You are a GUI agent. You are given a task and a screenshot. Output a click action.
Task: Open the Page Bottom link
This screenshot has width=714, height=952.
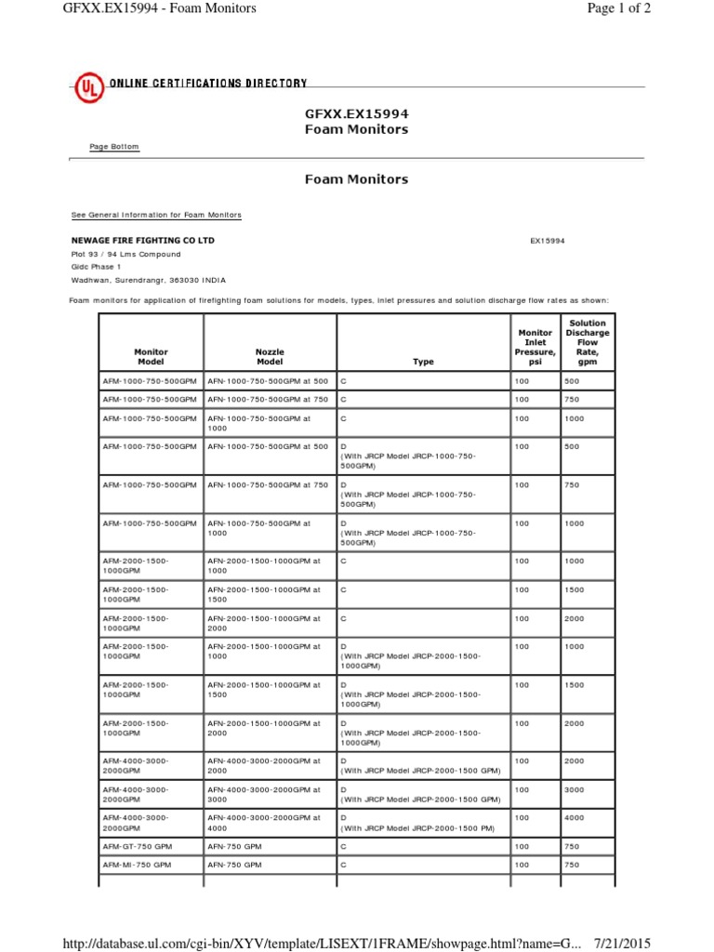click(x=114, y=147)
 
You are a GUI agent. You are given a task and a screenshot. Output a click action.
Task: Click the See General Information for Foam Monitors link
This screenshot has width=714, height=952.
click(x=156, y=215)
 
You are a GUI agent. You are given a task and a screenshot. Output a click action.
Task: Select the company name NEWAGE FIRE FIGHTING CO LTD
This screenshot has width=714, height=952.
click(x=143, y=240)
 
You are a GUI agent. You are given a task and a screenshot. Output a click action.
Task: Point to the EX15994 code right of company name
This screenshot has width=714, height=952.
click(x=548, y=241)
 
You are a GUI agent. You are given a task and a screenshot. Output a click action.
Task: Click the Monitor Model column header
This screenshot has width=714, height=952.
click(x=151, y=357)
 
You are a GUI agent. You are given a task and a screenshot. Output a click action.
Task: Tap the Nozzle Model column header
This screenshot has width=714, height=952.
click(x=269, y=357)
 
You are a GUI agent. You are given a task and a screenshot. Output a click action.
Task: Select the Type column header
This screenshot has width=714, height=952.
click(x=423, y=363)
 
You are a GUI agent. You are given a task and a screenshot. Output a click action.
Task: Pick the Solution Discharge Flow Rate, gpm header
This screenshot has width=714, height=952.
click(x=588, y=343)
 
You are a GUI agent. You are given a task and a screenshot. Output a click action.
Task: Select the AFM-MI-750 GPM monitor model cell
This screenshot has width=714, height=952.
click(x=138, y=865)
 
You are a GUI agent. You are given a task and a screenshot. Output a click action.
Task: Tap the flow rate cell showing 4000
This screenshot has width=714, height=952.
click(x=575, y=817)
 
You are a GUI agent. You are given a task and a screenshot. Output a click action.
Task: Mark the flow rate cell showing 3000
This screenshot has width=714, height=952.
click(x=575, y=789)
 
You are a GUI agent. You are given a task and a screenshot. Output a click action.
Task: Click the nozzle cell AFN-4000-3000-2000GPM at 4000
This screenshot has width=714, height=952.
click(x=263, y=823)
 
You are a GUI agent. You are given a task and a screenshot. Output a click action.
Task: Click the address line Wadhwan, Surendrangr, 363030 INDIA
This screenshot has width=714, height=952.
click(x=148, y=280)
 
